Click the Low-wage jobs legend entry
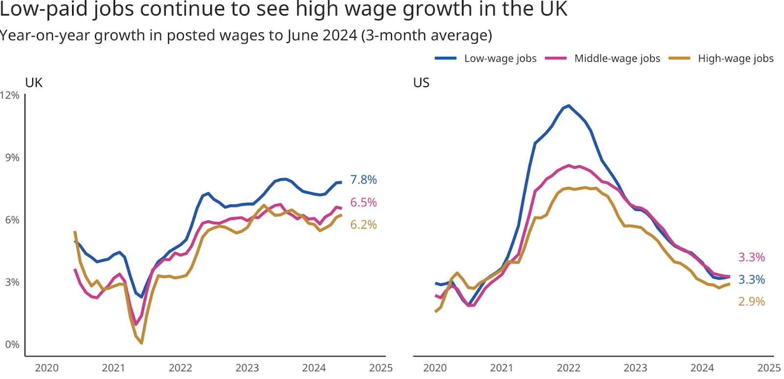coord(500,58)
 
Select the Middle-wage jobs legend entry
coord(616,58)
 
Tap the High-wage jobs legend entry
coord(735,58)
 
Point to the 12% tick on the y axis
coord(10,95)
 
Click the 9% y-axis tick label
coord(12,158)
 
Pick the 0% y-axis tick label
coord(12,344)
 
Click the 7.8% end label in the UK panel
coord(363,180)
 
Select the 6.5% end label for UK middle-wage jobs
coord(363,202)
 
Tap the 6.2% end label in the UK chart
coord(363,225)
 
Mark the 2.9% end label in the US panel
coord(751,302)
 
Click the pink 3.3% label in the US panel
coord(751,257)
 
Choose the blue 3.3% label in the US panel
coord(751,280)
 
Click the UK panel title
coord(34,83)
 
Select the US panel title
coord(421,83)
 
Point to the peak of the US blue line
coord(568,105)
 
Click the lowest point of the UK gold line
coord(141,343)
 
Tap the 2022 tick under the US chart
coord(568,368)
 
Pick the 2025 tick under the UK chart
coord(381,368)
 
